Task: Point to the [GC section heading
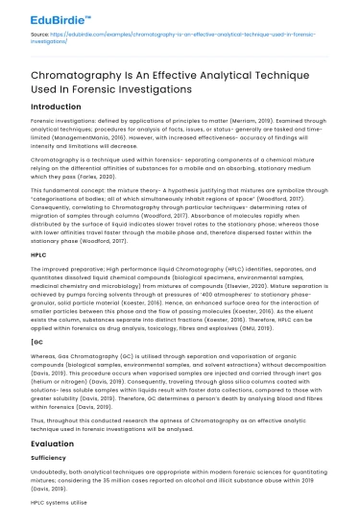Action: point(36,342)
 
